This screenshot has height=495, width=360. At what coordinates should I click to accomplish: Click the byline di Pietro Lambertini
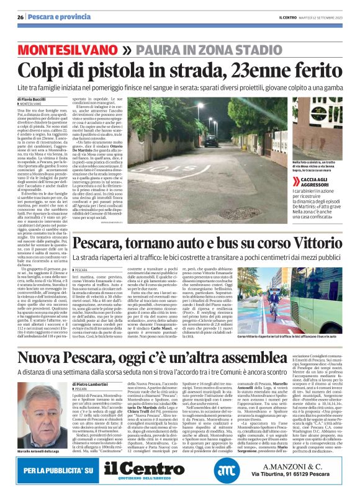coord(86,385)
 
